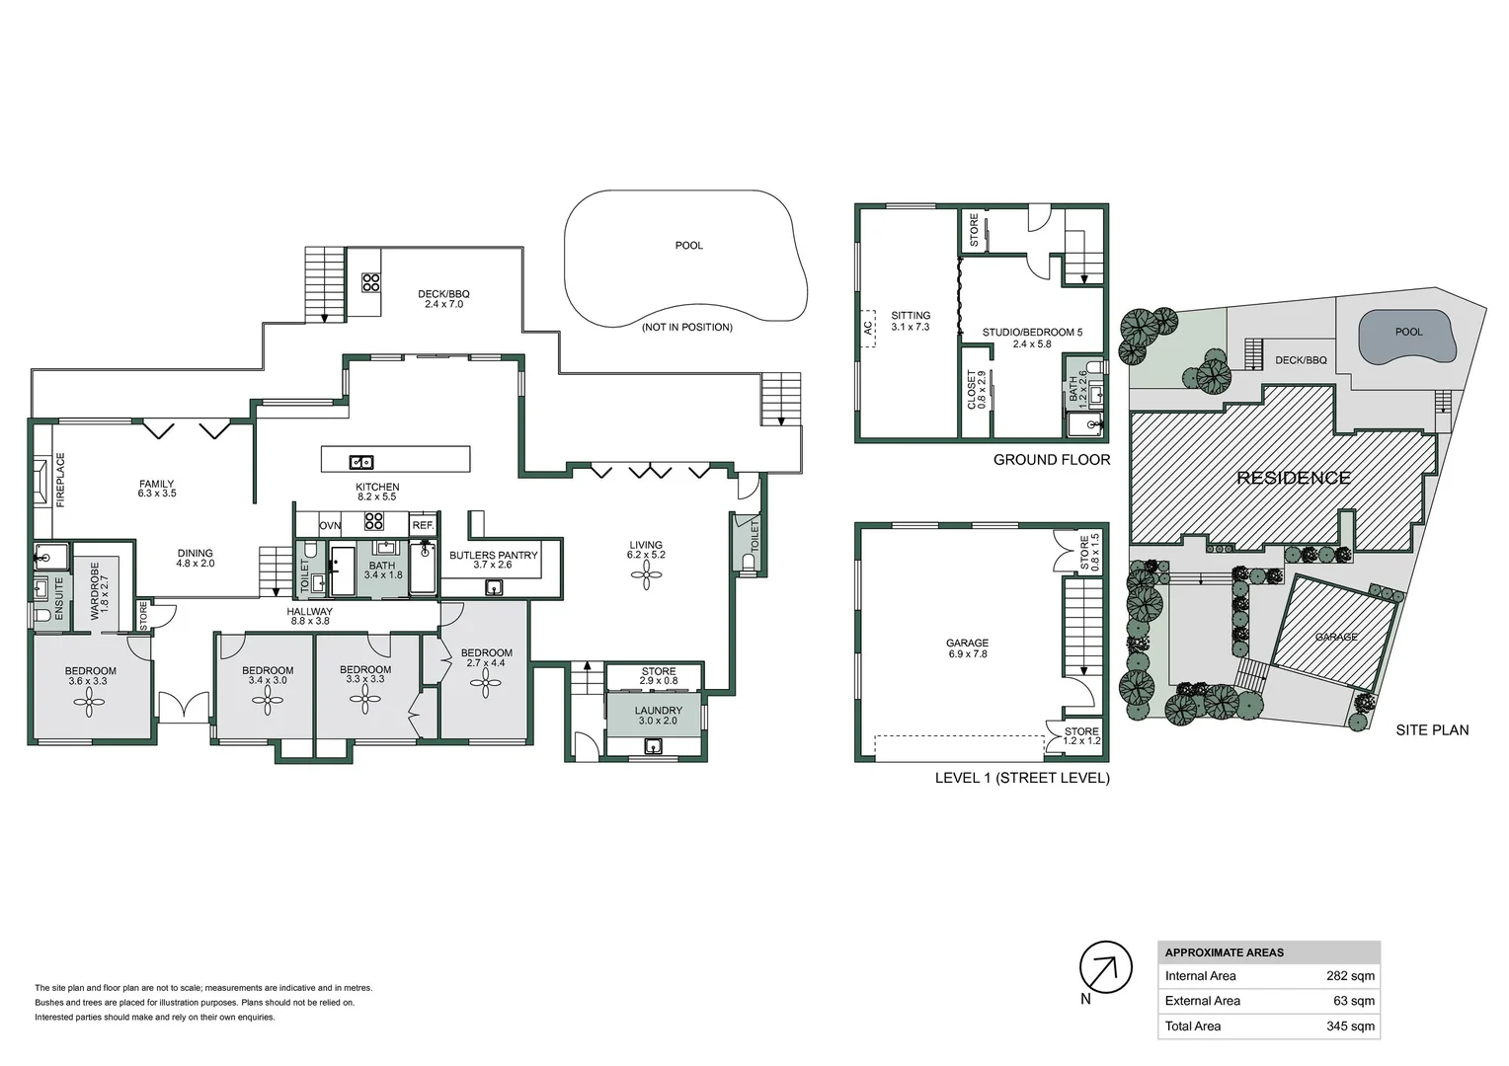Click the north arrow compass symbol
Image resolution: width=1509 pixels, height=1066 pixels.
pyautogui.click(x=1105, y=966)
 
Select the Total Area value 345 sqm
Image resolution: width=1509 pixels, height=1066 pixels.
pyautogui.click(x=1349, y=1027)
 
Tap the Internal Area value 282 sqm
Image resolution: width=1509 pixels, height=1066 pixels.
pyautogui.click(x=1349, y=976)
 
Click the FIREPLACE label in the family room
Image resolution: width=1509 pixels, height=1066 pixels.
pyautogui.click(x=60, y=481)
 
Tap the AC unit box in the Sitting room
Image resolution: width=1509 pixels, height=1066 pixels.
pyautogui.click(x=868, y=328)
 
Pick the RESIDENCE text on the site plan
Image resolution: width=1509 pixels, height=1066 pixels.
pyautogui.click(x=1294, y=479)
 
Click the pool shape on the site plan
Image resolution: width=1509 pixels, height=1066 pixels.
pyautogui.click(x=1407, y=335)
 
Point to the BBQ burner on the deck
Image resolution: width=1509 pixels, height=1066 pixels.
pyautogui.click(x=370, y=283)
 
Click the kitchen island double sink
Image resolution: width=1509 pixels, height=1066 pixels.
pyautogui.click(x=360, y=462)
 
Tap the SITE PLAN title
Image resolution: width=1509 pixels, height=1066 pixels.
pyautogui.click(x=1431, y=730)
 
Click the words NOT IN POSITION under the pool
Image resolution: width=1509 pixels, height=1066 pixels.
pyautogui.click(x=687, y=327)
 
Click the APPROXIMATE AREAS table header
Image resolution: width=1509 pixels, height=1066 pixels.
pyautogui.click(x=1225, y=952)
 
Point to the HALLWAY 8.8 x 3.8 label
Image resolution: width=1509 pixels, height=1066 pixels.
pyautogui.click(x=309, y=617)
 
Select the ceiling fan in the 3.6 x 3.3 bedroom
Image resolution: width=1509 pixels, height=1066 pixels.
pyautogui.click(x=88, y=703)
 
